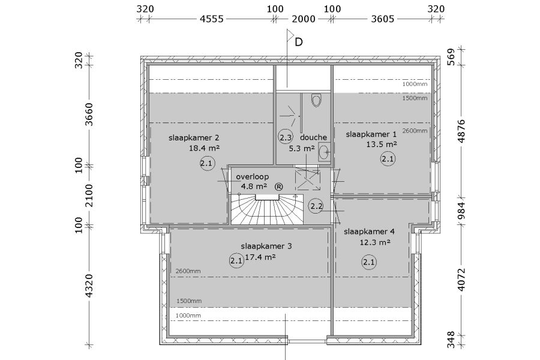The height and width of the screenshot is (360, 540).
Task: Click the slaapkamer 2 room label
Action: coord(194,138)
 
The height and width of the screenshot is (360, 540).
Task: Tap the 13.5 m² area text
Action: coord(381,145)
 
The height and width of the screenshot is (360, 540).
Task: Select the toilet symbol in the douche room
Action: coord(316,100)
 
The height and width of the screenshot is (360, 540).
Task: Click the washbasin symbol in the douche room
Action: coord(324,152)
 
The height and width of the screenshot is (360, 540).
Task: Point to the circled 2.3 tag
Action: coord(286,138)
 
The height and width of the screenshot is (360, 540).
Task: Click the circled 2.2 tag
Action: coord(316,206)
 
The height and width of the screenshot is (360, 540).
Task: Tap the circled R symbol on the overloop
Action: coord(279,187)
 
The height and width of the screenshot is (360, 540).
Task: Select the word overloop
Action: coord(253,177)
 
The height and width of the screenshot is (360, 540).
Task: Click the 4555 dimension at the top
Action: coord(212,19)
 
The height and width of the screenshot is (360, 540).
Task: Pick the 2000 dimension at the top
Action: coord(304,19)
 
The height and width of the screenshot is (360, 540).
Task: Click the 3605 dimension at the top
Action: coord(383,19)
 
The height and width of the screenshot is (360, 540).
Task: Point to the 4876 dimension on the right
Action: coord(461,131)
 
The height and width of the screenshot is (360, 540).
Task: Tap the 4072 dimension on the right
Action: coord(461,280)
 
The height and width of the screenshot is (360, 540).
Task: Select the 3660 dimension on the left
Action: coord(89,114)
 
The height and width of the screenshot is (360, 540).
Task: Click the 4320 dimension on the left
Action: coord(89,286)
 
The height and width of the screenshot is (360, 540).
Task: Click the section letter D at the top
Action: coord(299,42)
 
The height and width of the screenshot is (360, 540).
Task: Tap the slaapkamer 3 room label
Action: coord(266,247)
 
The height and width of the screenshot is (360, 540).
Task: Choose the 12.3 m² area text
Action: coord(375,242)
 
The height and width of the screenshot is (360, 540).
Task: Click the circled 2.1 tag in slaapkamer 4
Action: coord(369,262)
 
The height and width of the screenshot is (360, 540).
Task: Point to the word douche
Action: coord(313,137)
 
